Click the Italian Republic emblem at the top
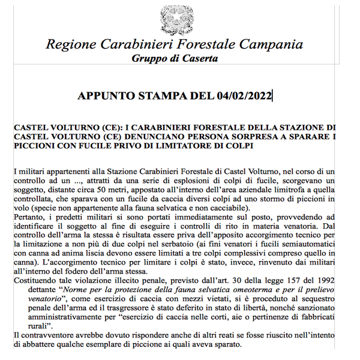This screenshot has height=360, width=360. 173,18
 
